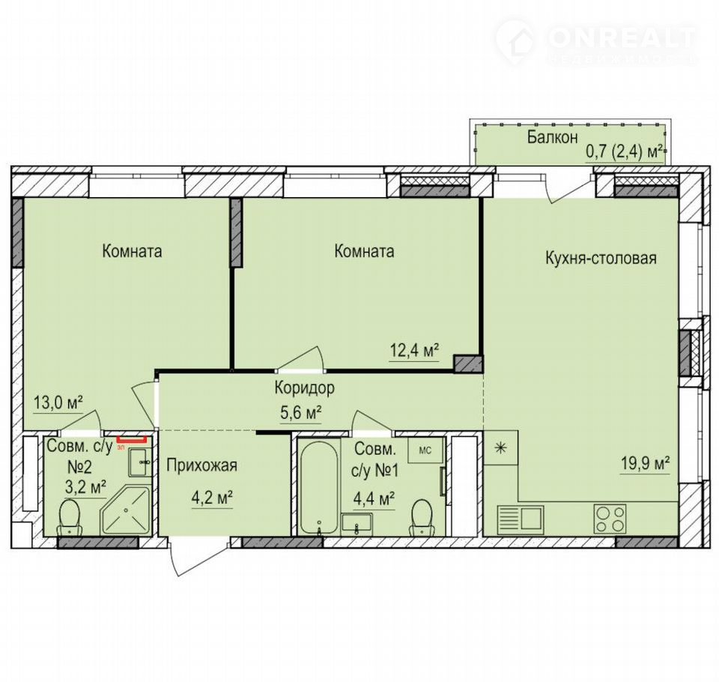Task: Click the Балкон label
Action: coord(552,137)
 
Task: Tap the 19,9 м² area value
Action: coord(646,464)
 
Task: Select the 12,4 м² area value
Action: coord(414,351)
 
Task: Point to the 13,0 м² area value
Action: coord(58,403)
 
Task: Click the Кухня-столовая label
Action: coord(601,258)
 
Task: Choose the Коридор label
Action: coord(305,387)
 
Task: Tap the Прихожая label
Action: coord(201,465)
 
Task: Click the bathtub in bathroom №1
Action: coord(319,487)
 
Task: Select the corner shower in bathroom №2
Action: coord(126,510)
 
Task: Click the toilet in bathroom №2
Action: coord(70,517)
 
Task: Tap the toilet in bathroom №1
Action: coord(422,517)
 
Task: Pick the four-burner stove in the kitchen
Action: coord(610,519)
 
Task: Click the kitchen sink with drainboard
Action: coord(521,519)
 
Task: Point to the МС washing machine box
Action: coord(425,450)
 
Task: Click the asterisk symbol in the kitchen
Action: coord(501,447)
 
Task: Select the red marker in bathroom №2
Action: coord(132,440)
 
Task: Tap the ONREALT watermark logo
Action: coord(596,40)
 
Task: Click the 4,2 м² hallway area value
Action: coord(212,498)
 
